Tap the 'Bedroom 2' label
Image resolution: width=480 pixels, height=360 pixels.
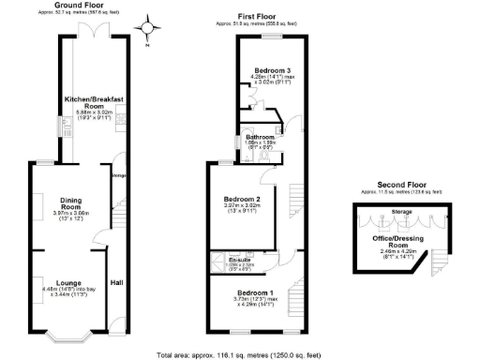coord(242,199)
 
